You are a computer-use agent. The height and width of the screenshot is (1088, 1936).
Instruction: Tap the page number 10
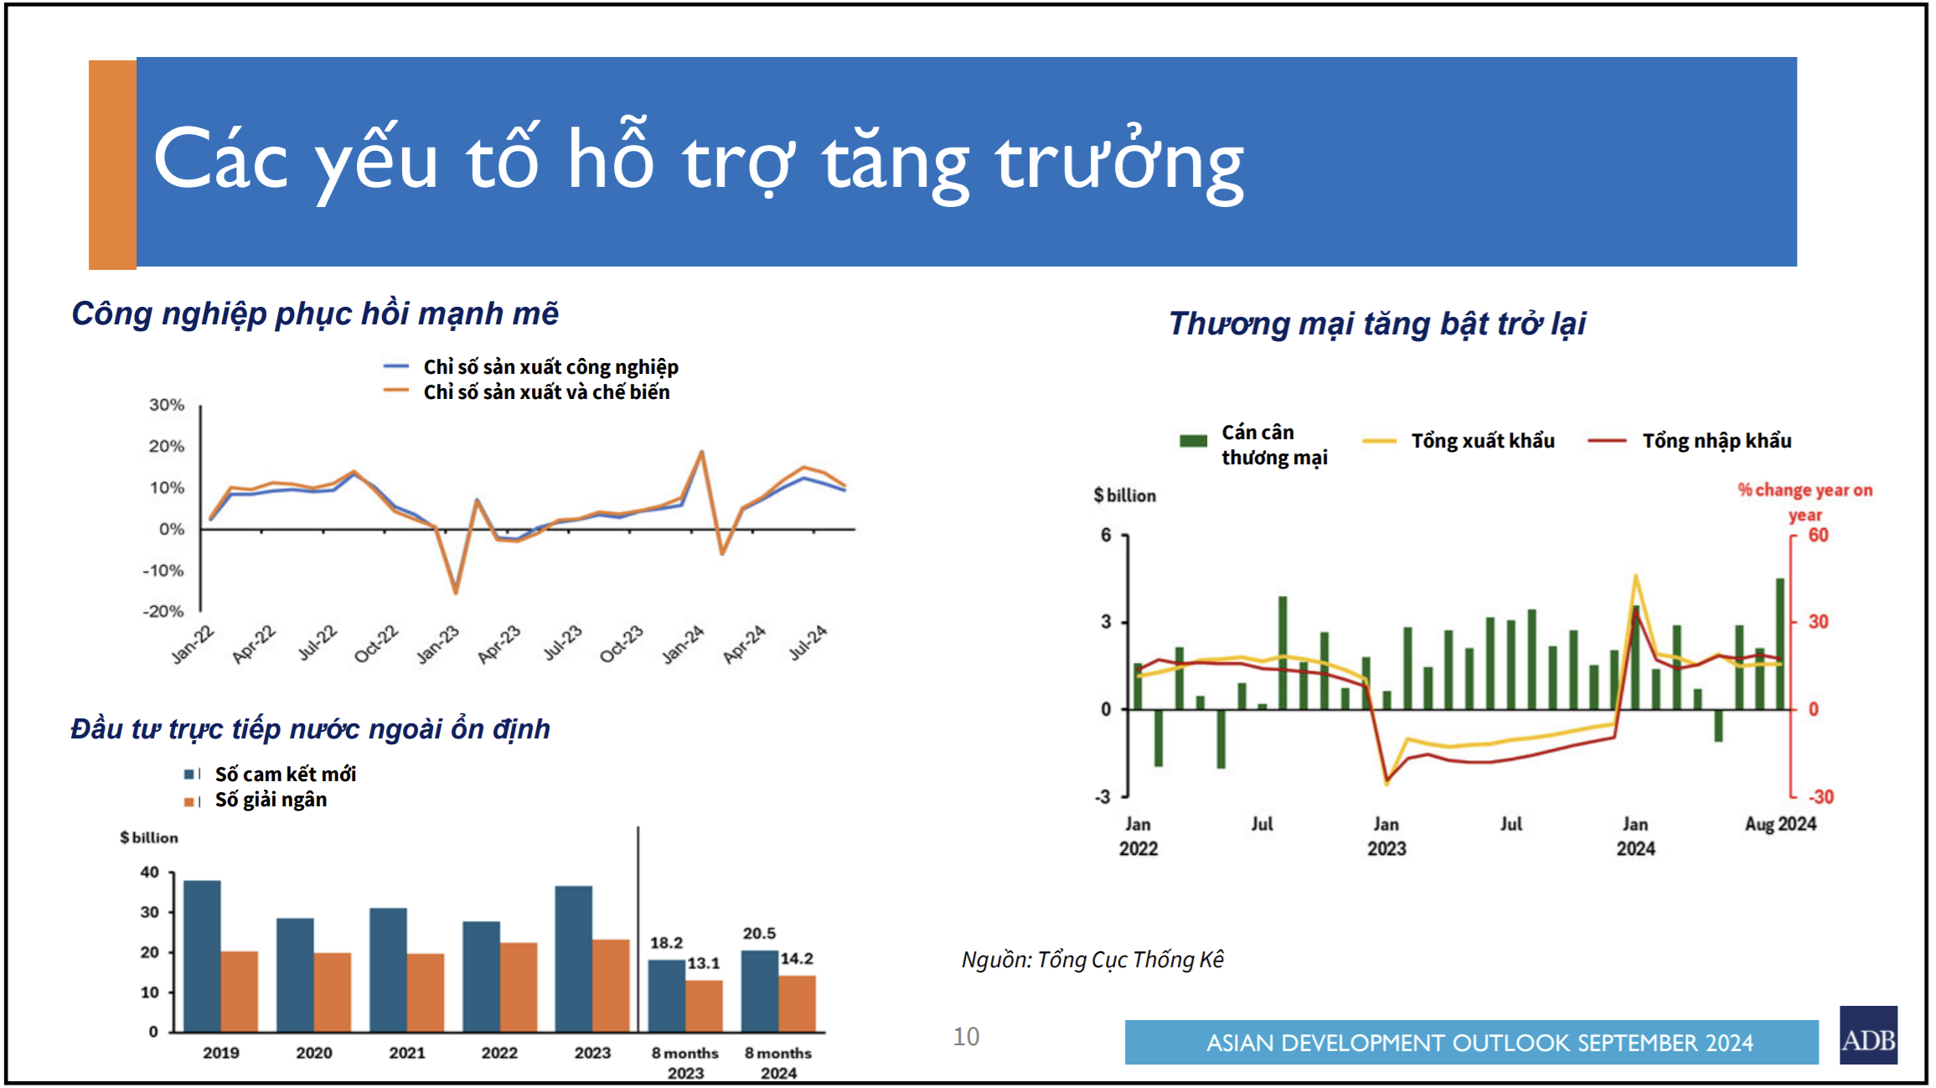tap(966, 1037)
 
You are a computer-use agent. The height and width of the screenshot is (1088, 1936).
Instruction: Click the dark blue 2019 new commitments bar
tap(202, 956)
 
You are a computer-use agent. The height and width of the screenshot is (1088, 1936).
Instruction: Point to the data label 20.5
tap(759, 933)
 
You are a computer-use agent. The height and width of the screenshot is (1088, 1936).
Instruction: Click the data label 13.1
tap(704, 963)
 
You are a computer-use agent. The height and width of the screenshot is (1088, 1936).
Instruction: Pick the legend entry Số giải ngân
tap(271, 800)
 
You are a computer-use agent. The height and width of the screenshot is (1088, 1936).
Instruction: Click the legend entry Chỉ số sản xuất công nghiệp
tap(550, 367)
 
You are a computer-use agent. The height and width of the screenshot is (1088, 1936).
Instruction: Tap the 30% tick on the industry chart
tap(167, 405)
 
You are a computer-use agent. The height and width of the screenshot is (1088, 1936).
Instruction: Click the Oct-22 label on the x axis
tap(376, 644)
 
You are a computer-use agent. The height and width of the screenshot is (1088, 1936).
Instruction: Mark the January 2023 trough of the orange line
tap(456, 593)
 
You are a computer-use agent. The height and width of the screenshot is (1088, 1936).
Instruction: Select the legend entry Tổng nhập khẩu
tap(1716, 441)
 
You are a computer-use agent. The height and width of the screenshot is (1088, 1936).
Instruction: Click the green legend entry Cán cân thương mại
tap(1273, 445)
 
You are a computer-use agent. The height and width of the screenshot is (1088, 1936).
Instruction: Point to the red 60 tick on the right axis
tap(1818, 535)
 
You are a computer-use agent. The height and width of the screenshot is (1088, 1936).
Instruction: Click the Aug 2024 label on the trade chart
tap(1780, 824)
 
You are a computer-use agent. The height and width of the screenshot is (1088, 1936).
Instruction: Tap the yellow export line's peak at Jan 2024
tap(1635, 576)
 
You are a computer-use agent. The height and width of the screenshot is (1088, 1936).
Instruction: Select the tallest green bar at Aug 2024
tap(1780, 644)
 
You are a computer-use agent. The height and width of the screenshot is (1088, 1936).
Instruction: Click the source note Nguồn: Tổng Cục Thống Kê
tap(1092, 960)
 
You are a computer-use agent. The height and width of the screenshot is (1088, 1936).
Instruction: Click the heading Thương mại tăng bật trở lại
tap(1376, 324)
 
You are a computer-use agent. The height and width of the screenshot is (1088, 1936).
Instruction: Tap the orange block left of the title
tap(112, 164)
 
